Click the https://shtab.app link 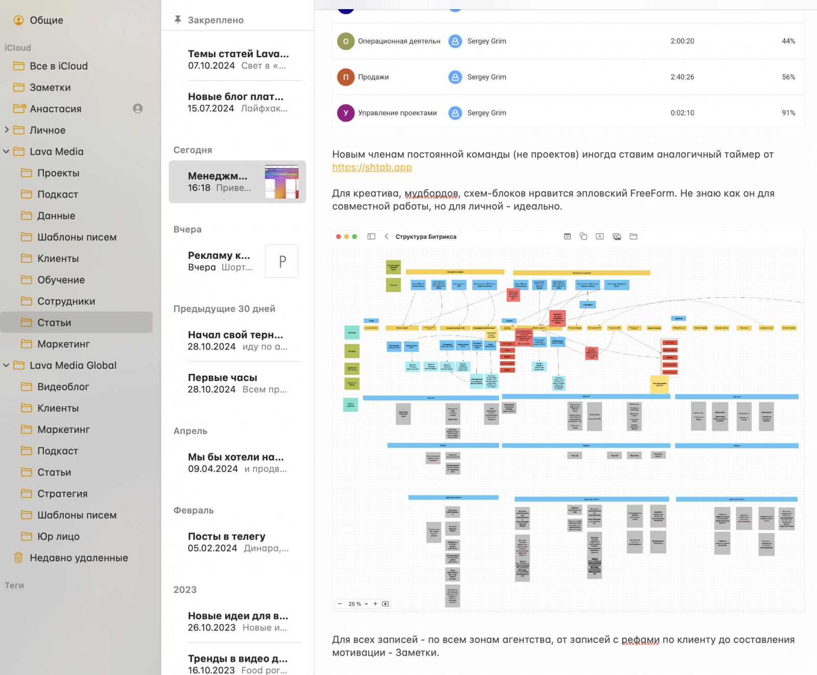point(372,167)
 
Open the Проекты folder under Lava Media point(58,173)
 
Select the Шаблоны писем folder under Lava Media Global point(77,515)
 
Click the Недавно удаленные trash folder point(79,558)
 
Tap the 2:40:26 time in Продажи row point(682,77)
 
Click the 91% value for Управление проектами point(788,113)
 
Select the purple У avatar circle point(346,113)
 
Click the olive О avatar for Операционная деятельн point(346,41)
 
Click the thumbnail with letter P point(282,261)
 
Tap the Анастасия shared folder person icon point(138,109)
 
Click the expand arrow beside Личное point(7,130)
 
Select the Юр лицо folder point(58,537)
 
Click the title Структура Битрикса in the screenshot point(426,237)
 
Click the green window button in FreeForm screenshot point(354,237)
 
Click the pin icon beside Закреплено point(178,20)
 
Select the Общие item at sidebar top point(46,20)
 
